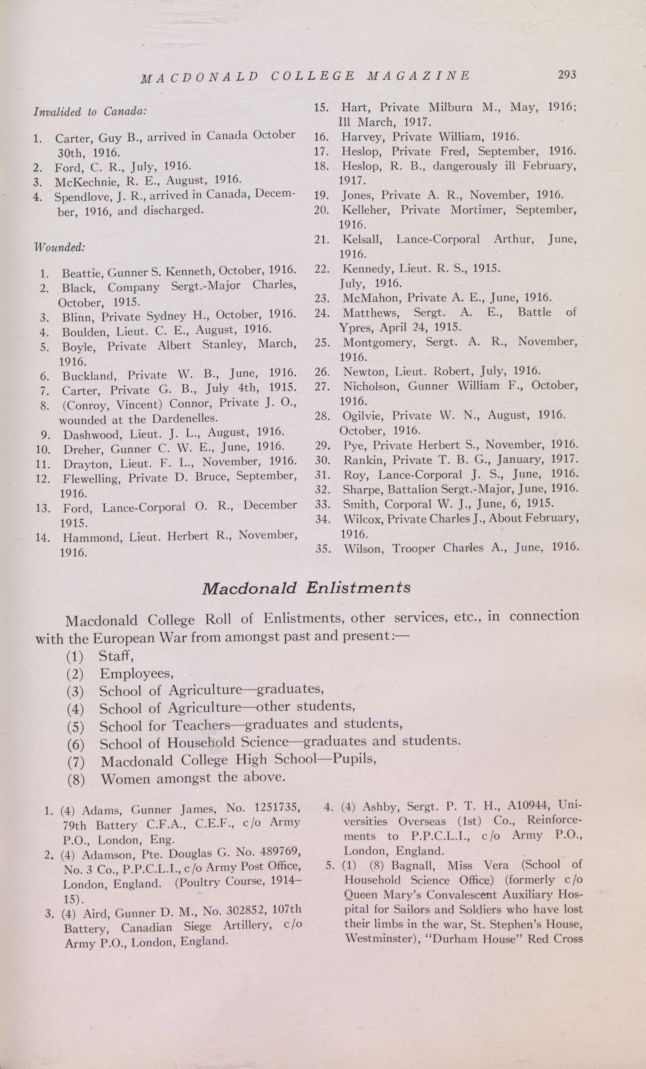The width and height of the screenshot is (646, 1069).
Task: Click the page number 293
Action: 567,75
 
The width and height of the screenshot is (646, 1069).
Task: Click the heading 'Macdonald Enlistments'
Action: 306,588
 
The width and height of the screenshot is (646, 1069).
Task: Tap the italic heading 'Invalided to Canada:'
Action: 90,112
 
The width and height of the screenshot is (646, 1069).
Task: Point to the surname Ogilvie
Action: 364,416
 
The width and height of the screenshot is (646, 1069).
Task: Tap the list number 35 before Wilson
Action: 323,549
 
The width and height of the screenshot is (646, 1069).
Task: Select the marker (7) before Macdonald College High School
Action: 75,762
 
